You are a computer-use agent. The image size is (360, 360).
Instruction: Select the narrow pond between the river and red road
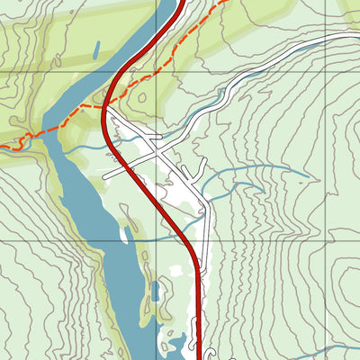pos(156,292)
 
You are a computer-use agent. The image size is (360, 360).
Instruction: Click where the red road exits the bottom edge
pos(198,357)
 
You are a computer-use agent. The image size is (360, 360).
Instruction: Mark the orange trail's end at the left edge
pos(2,145)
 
